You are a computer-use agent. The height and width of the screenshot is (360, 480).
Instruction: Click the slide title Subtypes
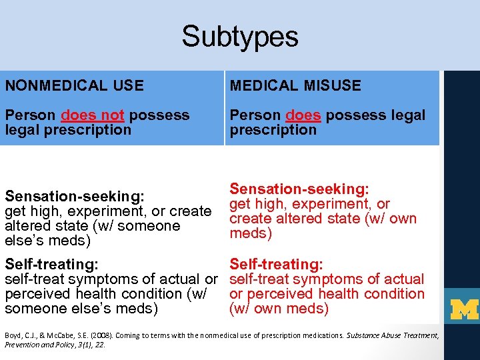pos(239,36)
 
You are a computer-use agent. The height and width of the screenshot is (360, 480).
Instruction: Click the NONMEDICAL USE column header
pos(74,85)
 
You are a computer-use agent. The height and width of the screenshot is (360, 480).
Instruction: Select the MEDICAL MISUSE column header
pos(295,85)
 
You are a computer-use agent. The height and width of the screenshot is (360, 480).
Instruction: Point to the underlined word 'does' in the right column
pos(303,115)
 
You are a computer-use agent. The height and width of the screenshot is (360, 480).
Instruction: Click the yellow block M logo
pos(465,309)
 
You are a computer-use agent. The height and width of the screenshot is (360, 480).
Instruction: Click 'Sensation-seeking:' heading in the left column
pos(75,197)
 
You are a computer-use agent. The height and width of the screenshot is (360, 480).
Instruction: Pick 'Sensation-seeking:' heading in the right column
pos(299,189)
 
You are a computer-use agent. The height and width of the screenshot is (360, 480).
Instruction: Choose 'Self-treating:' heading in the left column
pos(52,265)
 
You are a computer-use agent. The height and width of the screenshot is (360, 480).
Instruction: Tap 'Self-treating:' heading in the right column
pos(277,265)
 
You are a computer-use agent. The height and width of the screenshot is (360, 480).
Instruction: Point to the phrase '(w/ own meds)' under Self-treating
pos(279,309)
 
